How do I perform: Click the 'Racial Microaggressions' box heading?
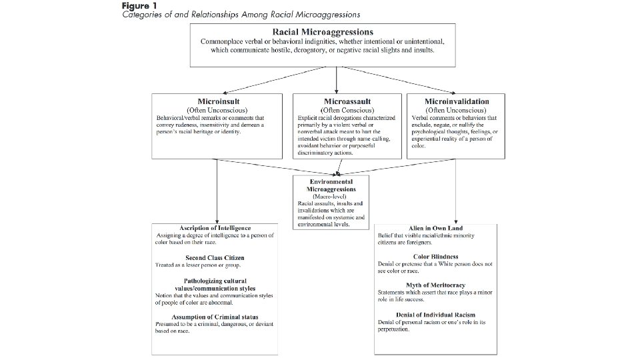[x=323, y=31]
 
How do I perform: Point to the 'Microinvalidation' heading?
[x=456, y=101]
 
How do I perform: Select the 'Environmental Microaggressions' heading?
[x=331, y=185]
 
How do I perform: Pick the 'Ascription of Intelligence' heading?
[x=217, y=229]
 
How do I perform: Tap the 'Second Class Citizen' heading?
[x=216, y=257]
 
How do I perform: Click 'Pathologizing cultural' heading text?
[x=217, y=281]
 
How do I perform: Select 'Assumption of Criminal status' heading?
[x=216, y=317]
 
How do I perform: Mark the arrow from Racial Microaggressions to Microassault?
[x=336, y=79]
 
